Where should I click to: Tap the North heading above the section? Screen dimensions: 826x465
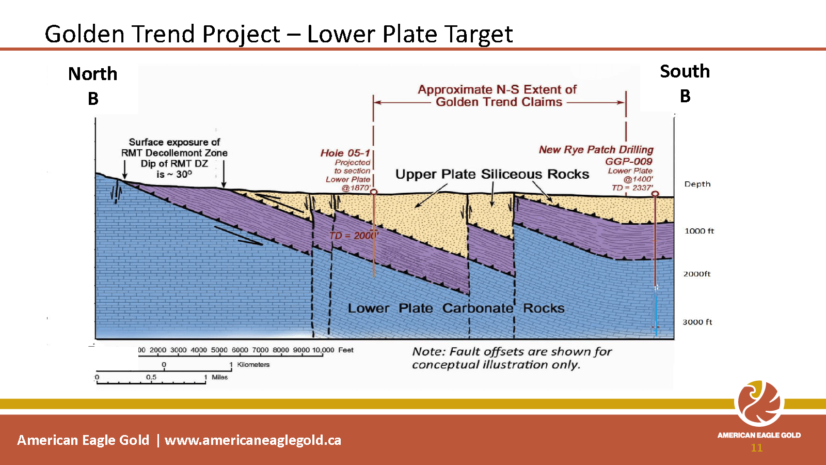93,74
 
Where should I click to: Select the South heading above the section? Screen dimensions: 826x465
685,71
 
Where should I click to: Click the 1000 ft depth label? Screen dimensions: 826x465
699,231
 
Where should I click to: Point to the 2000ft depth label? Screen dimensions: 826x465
696,274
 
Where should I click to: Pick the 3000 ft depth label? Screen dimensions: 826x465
697,322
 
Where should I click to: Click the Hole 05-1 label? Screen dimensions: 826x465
345,153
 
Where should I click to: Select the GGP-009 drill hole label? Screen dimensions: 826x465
629,161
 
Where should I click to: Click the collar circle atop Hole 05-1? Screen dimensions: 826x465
374,192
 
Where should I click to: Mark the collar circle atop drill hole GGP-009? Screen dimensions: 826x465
655,194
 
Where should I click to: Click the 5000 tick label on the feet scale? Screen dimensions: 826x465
219,350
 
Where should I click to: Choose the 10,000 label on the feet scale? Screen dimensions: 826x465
323,350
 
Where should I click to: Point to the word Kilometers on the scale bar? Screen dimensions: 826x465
253,365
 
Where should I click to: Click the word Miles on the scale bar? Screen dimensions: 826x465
220,377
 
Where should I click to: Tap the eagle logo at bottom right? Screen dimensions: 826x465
759,404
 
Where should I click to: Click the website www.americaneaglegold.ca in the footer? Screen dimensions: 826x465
253,440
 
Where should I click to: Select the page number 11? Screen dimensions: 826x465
757,447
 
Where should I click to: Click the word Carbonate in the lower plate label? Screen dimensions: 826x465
478,308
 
